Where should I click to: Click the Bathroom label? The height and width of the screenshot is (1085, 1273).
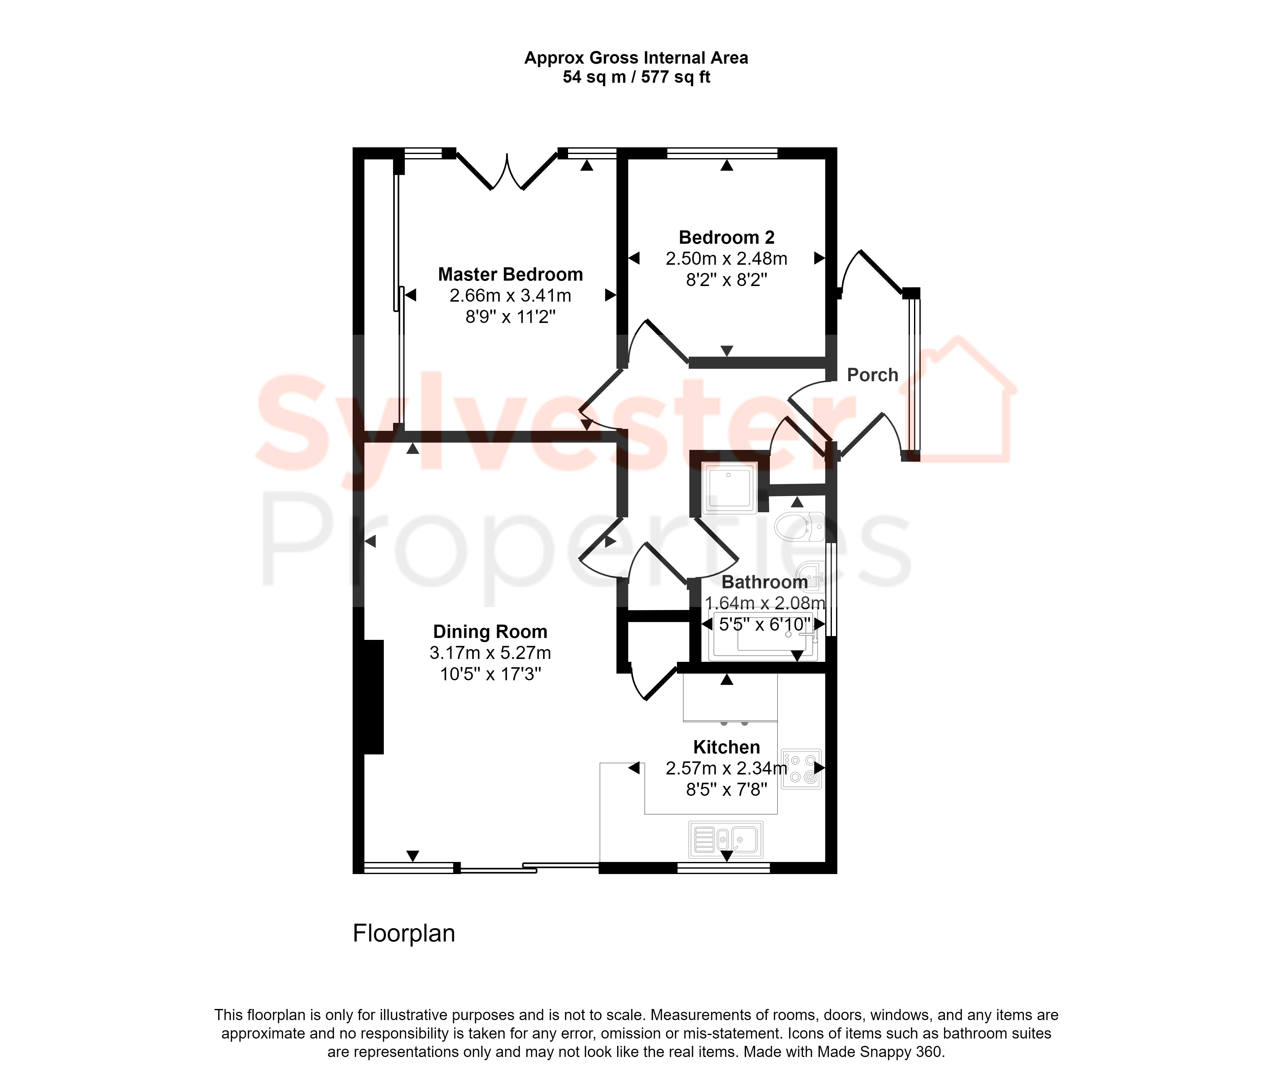(x=764, y=582)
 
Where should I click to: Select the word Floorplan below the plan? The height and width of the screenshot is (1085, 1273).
(x=404, y=933)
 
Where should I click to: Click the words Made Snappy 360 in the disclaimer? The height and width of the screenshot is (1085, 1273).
(x=879, y=1052)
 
